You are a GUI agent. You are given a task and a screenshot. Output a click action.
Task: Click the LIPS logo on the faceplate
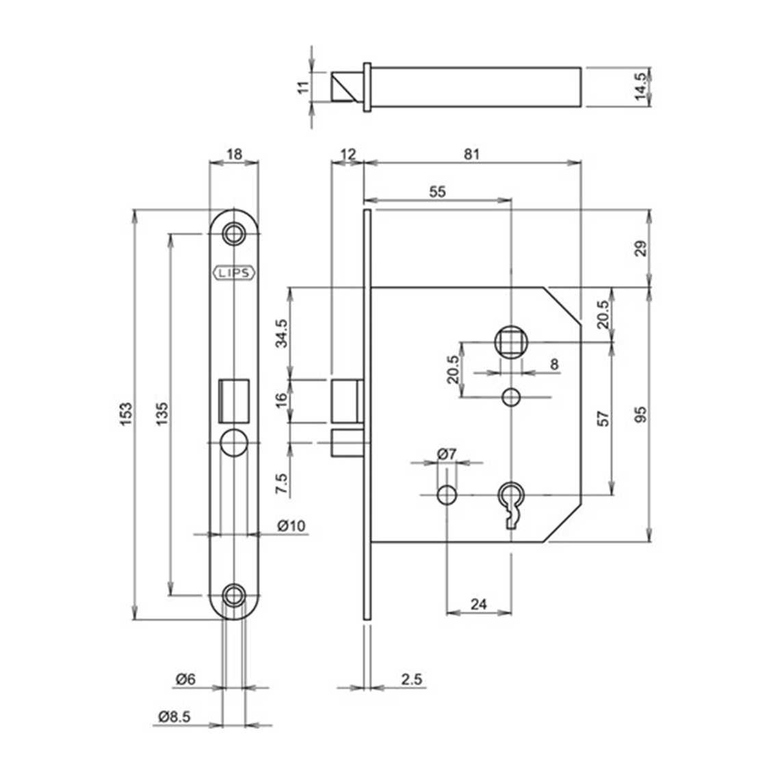click(235, 273)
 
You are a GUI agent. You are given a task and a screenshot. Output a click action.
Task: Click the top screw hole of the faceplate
click(235, 233)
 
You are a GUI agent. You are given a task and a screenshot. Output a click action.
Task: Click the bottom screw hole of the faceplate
click(235, 594)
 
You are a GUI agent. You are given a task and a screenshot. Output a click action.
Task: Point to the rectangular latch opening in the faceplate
click(233, 399)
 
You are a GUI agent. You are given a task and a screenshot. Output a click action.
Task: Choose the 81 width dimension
click(471, 154)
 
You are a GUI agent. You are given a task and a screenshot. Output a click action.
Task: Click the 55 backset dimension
click(437, 192)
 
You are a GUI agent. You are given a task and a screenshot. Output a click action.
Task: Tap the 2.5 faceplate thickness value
click(411, 679)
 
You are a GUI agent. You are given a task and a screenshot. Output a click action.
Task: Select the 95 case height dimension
click(640, 415)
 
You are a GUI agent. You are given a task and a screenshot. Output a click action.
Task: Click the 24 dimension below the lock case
click(479, 603)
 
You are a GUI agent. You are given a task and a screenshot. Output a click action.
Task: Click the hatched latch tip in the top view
click(346, 87)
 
